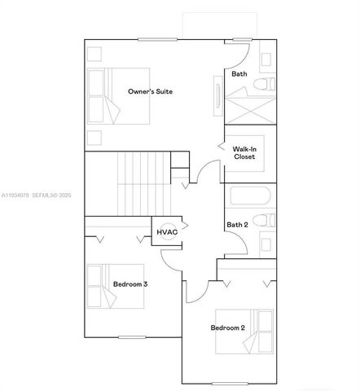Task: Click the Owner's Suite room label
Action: pyautogui.click(x=151, y=92)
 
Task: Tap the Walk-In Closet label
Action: pyautogui.click(x=244, y=153)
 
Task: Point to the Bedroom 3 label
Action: pyautogui.click(x=130, y=285)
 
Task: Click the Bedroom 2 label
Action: pyautogui.click(x=228, y=327)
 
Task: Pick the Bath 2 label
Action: pyautogui.click(x=237, y=225)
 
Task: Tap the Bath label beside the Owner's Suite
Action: pyautogui.click(x=239, y=74)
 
